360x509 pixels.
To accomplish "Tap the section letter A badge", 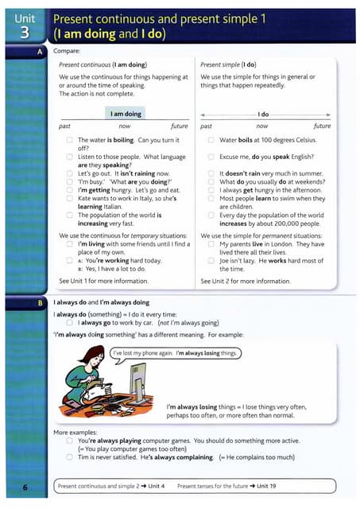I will (x=40, y=51).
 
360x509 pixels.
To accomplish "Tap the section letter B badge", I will (x=40, y=303).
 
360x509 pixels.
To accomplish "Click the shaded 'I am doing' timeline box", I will (x=125, y=114).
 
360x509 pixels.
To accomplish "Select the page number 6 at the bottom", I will (x=25, y=485).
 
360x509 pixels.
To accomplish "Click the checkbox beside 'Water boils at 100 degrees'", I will (x=212, y=141).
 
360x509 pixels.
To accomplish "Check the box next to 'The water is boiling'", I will (x=70, y=141).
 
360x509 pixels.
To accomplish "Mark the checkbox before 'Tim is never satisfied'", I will (x=70, y=457).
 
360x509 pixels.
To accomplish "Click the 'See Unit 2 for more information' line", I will (x=246, y=281).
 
